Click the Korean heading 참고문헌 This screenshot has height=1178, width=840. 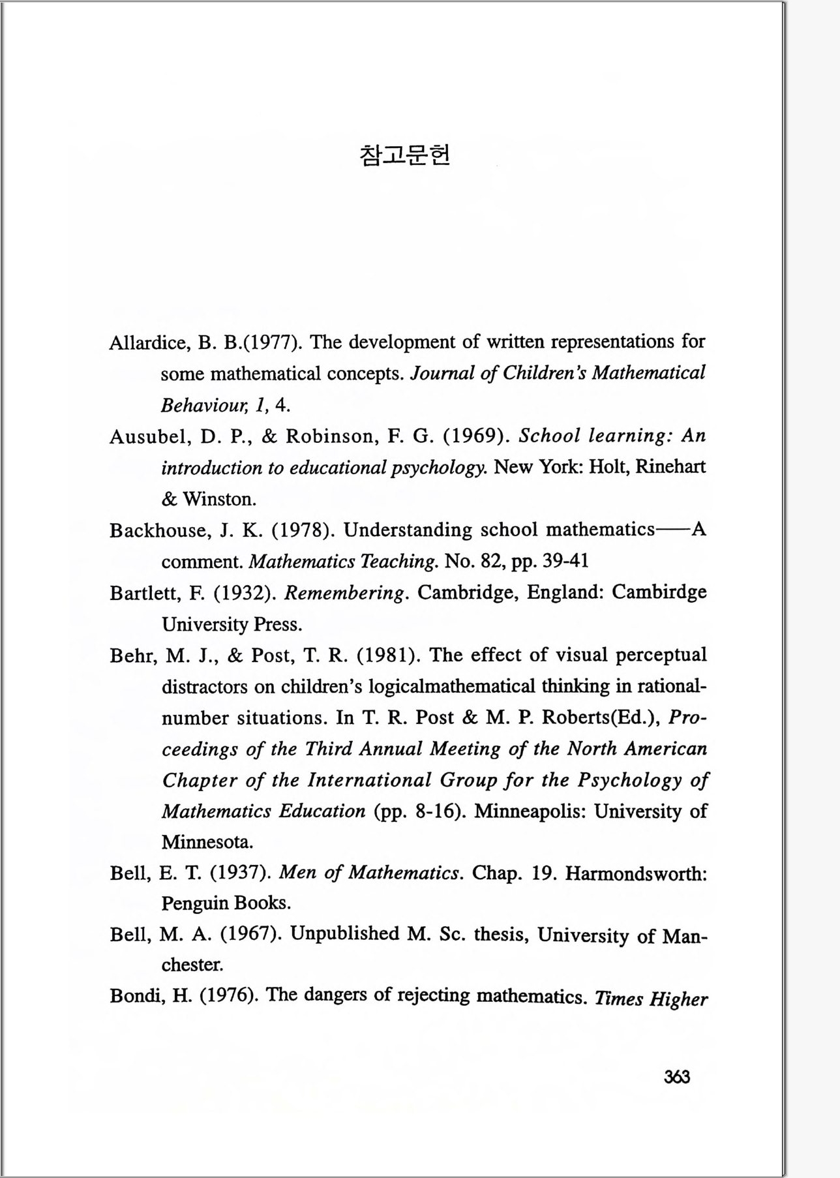coord(404,155)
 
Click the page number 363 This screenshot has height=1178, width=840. coord(676,1077)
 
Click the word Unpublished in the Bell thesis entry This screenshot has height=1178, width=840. coord(344,934)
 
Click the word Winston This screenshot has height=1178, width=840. coord(219,500)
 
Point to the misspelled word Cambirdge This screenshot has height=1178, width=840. coord(659,592)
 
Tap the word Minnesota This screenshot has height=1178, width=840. coord(207,842)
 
